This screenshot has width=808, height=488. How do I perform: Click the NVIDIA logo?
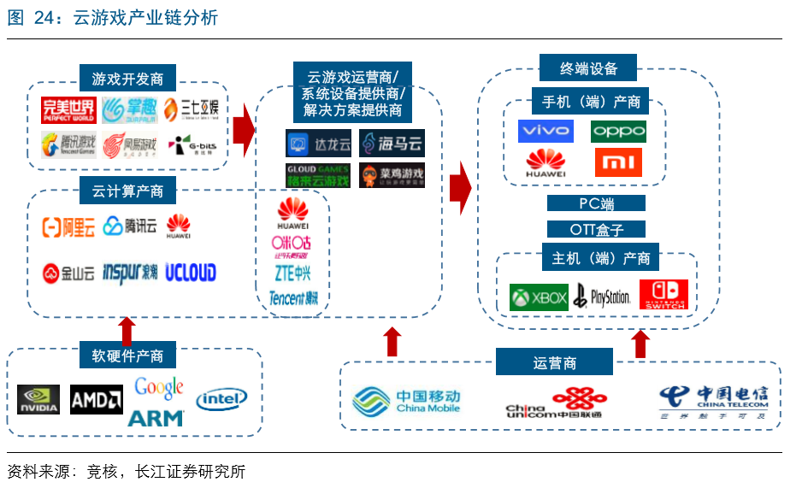point(38,399)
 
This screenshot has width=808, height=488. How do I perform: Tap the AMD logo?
point(96,399)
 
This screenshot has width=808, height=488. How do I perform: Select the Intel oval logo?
point(221,399)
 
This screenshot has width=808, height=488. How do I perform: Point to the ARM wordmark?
point(156,418)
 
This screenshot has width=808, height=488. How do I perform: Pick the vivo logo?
point(546,132)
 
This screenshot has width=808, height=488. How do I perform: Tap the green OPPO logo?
point(618,132)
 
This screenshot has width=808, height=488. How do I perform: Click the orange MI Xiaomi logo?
point(618,162)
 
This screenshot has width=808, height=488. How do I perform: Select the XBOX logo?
point(539,297)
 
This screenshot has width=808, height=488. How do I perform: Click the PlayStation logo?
point(602,297)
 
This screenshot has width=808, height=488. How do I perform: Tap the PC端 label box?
point(596,204)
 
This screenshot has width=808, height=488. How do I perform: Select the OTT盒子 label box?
point(596,229)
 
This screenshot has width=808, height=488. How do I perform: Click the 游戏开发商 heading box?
point(127,79)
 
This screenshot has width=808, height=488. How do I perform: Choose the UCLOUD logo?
point(191,273)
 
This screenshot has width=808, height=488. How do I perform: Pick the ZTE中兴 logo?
point(292,273)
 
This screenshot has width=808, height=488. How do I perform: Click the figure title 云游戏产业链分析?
point(144,17)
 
